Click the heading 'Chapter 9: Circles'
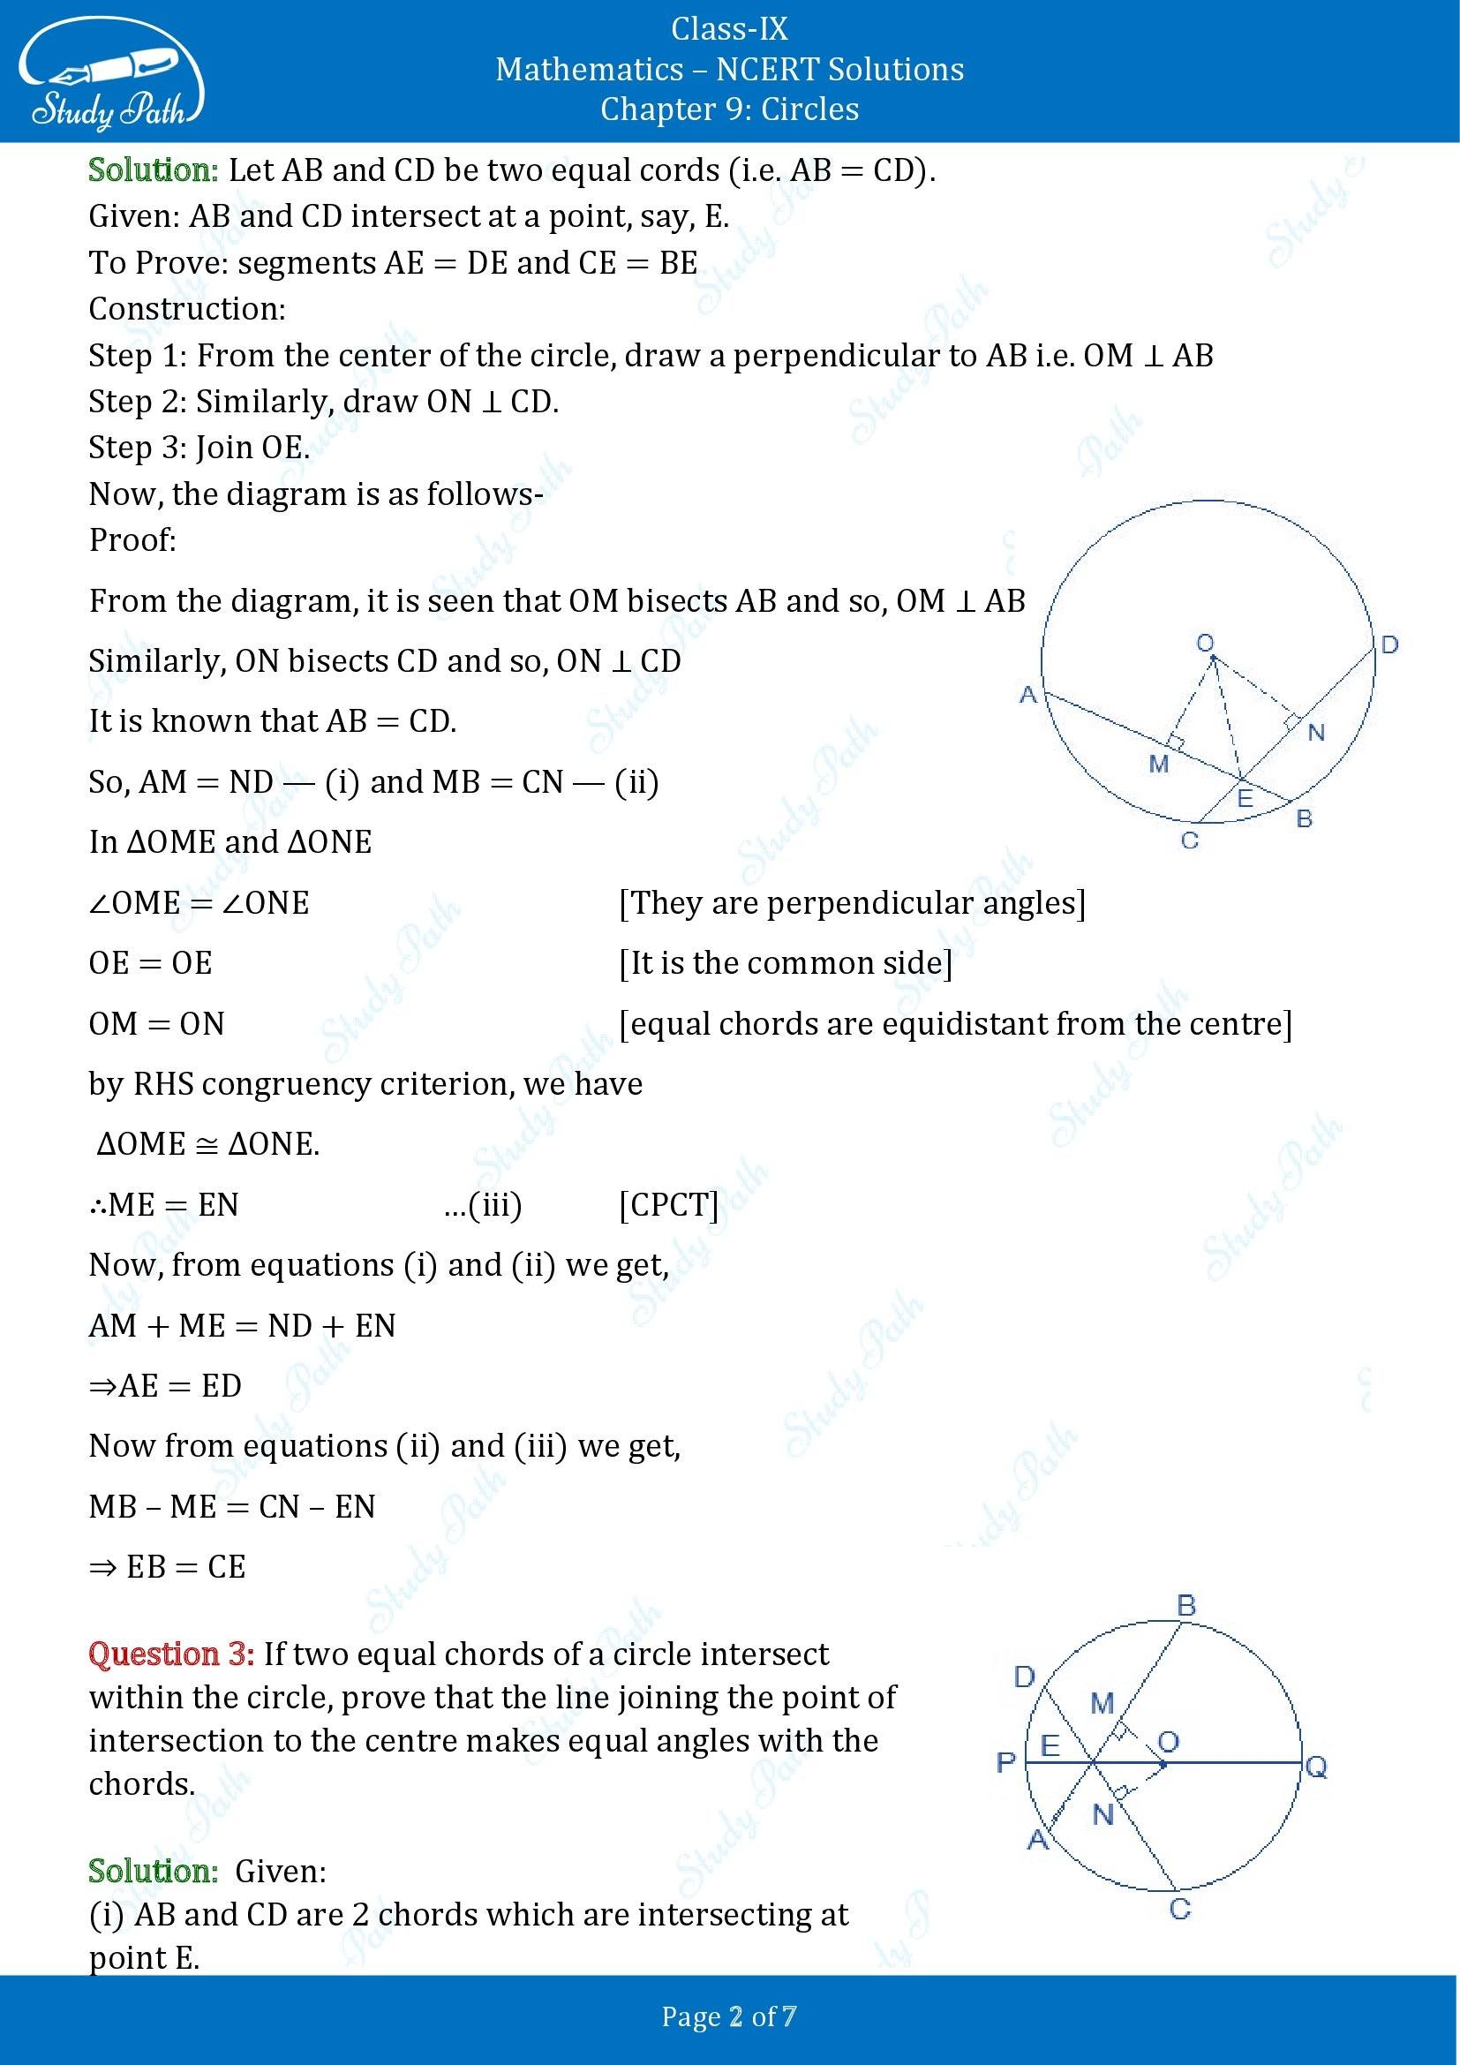[729, 109]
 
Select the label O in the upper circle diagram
[1205, 643]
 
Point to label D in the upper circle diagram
[1389, 644]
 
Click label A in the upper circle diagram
[1028, 694]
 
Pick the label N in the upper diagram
[1316, 733]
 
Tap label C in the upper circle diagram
[1189, 841]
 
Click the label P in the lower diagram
[1006, 1762]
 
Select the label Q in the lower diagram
[1315, 1767]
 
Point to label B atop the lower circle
[1185, 1605]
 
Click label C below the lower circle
[1180, 1933]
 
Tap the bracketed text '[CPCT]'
[669, 1204]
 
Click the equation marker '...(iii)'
[483, 1204]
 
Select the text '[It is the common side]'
[786, 963]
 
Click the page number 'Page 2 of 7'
[729, 2016]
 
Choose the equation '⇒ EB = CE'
[167, 1567]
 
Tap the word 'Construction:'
[187, 308]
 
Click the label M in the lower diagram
[1103, 1702]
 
